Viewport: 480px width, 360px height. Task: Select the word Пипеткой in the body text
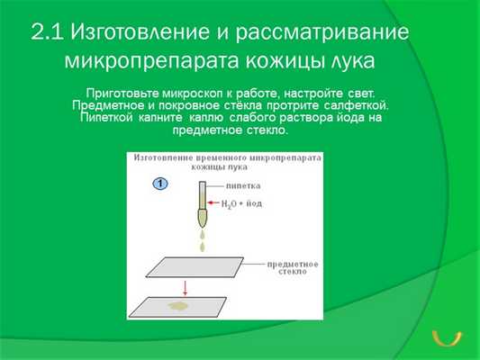(x=105, y=118)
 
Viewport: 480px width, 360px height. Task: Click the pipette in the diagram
(x=202, y=202)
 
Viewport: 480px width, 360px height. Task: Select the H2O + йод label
(x=241, y=203)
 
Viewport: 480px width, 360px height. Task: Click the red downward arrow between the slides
(x=184, y=288)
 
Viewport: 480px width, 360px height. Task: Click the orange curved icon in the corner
(x=448, y=337)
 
